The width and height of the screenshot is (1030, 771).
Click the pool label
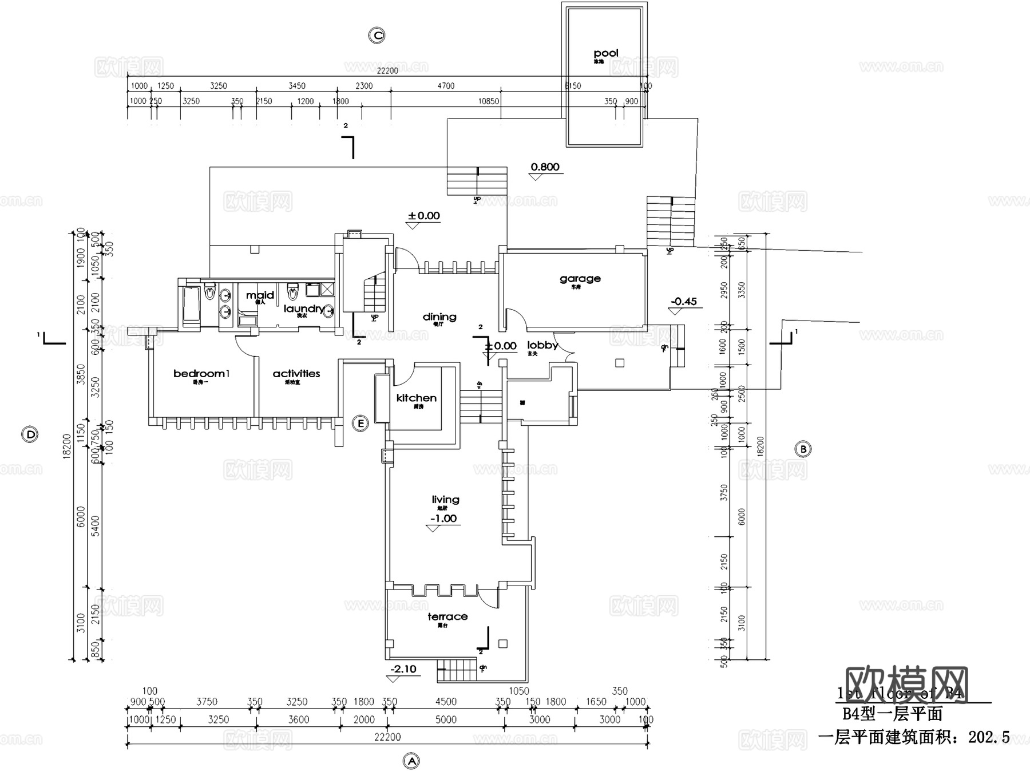606,53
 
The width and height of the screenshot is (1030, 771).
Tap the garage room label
580,279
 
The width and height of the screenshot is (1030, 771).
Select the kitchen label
416,398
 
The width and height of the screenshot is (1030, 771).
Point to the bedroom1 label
201,374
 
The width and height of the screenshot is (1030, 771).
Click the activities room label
296,374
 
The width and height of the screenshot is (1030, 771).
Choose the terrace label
447,616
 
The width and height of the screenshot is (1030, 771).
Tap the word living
445,500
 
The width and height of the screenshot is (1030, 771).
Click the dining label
439,317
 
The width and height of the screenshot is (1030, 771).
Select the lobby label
542,345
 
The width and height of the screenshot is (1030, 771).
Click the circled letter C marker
377,35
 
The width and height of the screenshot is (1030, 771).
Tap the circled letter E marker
360,424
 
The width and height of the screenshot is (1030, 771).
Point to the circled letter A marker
411,761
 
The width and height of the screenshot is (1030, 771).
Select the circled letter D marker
30,434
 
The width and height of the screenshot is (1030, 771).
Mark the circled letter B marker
803,449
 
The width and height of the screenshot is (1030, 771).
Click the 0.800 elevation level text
545,167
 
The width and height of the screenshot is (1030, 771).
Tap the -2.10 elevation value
403,669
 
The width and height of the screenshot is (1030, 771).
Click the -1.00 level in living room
443,519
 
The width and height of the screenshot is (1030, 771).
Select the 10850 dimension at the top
489,101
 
